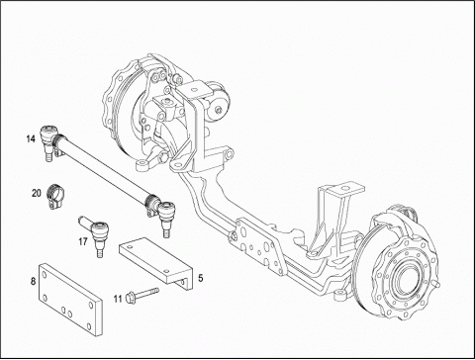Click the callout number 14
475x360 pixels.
pos(31,139)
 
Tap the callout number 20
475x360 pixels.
pos(37,193)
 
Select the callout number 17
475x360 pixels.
pos(83,242)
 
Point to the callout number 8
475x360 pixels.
pos(33,281)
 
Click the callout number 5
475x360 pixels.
pos(201,279)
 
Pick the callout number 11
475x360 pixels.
pos(118,299)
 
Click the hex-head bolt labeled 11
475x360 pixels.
pos(142,295)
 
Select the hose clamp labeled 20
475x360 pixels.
pos(56,196)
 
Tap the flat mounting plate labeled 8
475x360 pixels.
pos(70,300)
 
